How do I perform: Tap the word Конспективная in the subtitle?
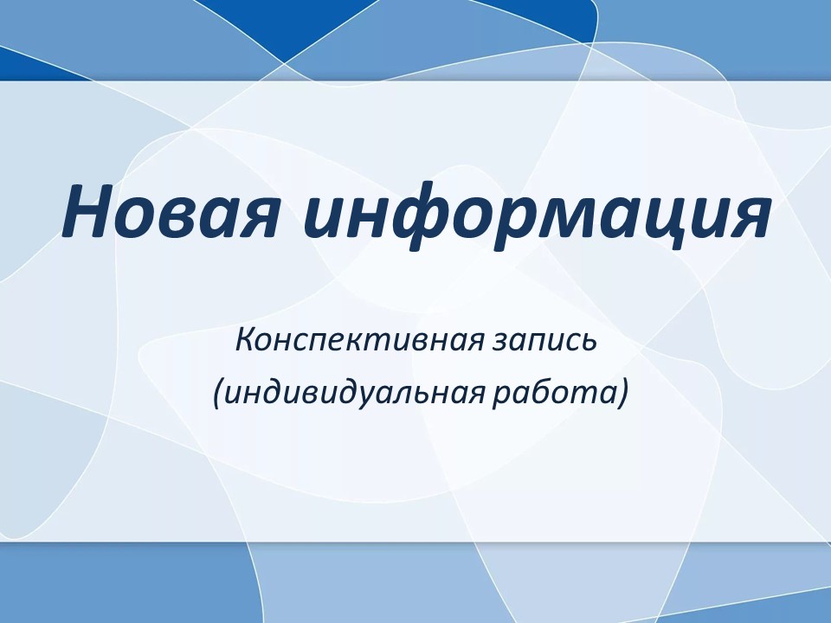click(x=359, y=340)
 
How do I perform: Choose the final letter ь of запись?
click(x=588, y=344)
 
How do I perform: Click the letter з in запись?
click(x=500, y=344)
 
